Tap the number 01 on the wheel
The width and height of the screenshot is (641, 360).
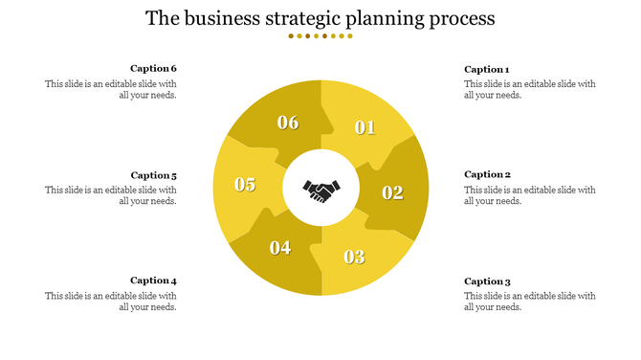[365, 127]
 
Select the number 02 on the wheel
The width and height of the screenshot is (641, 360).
[393, 192]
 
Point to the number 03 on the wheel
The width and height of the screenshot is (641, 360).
[354, 257]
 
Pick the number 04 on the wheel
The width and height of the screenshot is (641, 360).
[280, 248]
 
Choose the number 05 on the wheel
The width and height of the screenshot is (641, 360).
[245, 185]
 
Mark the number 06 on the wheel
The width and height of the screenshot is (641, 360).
[288, 123]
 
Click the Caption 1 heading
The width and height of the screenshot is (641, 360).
[487, 69]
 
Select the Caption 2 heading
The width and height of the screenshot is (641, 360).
[488, 174]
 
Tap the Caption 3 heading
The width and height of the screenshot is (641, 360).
[488, 281]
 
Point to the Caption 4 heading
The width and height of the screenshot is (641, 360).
[154, 281]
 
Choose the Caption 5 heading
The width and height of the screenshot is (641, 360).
[154, 175]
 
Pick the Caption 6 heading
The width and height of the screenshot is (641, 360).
[154, 68]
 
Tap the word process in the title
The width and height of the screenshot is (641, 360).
[462, 19]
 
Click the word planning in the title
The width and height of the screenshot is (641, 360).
[386, 19]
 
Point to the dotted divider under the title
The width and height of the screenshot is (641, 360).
[320, 36]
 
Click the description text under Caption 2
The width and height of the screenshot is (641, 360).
[530, 195]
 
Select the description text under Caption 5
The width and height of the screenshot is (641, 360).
[111, 195]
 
